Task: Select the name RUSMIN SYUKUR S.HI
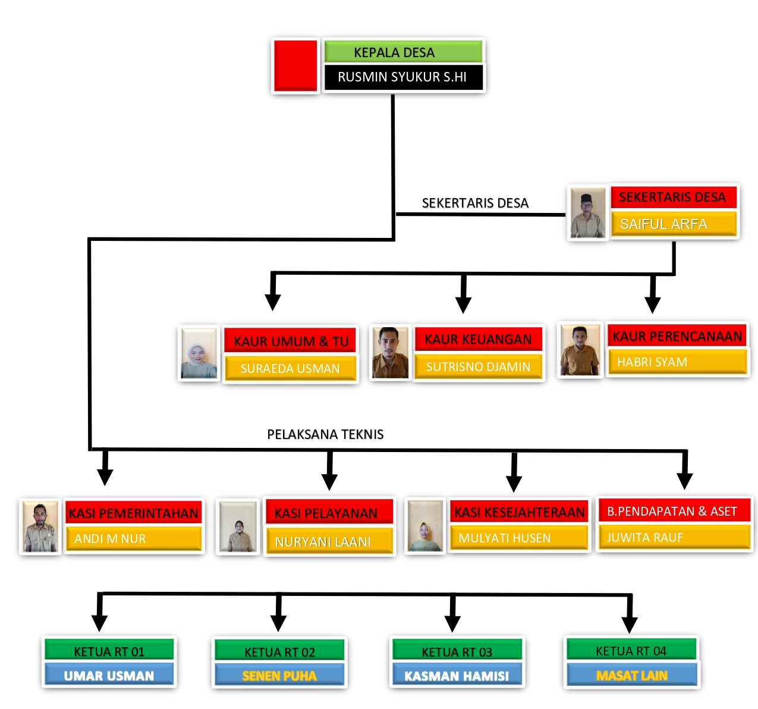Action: (x=402, y=77)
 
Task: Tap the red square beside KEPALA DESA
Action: (x=295, y=65)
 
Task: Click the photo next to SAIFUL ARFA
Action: (x=587, y=213)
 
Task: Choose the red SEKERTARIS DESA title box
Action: (x=673, y=197)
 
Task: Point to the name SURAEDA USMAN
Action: (x=290, y=369)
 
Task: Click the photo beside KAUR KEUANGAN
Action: (x=390, y=352)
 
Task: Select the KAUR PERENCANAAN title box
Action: (x=677, y=337)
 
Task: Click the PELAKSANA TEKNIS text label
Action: (x=325, y=434)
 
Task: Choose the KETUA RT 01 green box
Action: (x=109, y=651)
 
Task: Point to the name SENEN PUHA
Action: (x=279, y=676)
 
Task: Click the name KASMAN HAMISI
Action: (x=457, y=676)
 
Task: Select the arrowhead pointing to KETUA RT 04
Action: (x=629, y=625)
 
